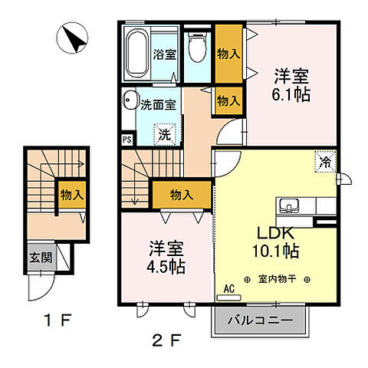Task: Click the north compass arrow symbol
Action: click(x=74, y=38)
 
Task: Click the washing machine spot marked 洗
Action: click(x=164, y=133)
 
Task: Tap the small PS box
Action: click(x=126, y=140)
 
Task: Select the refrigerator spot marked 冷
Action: click(x=324, y=162)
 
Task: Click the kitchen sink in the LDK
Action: click(x=291, y=205)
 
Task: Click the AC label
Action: click(x=228, y=289)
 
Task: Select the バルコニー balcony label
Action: click(x=259, y=319)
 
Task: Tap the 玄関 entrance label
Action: click(x=41, y=258)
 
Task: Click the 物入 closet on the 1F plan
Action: click(x=72, y=195)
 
